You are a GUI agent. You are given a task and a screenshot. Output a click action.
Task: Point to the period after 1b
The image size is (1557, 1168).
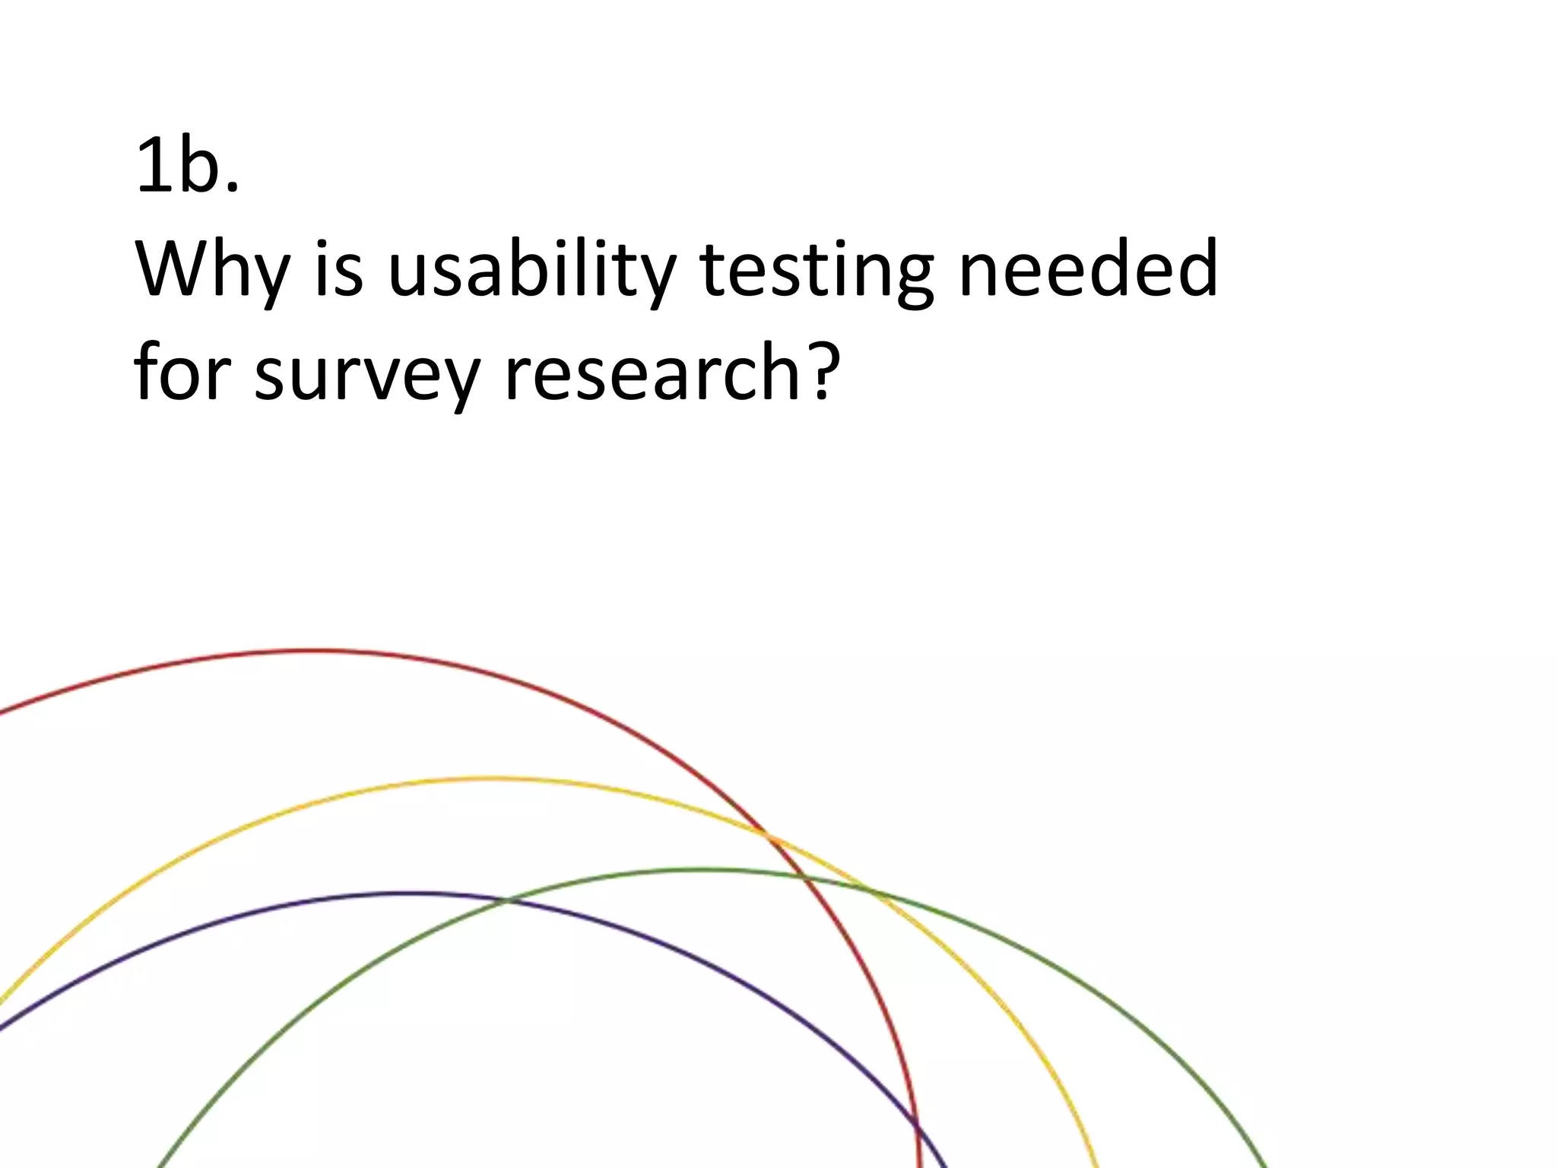tap(233, 187)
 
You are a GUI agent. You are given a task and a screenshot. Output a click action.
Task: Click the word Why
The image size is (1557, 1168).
tap(213, 270)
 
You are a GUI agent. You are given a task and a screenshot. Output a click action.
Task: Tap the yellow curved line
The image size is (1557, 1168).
tap(487, 778)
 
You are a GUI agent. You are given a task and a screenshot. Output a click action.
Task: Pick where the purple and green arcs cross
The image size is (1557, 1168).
tap(506, 901)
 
